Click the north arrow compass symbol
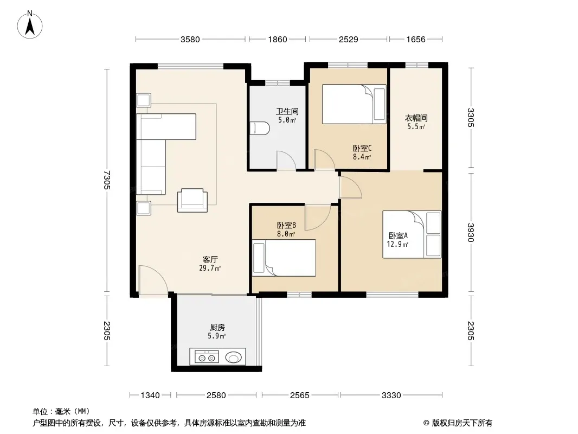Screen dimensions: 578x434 30,25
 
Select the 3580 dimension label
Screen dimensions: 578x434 190,39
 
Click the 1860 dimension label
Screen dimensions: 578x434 277,39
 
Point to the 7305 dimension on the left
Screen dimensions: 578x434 107,180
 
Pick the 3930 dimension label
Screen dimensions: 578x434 470,232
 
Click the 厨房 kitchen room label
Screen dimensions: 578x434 217,327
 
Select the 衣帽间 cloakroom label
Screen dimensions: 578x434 416,118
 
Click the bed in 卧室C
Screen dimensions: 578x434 354,104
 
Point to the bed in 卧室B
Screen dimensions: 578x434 284,258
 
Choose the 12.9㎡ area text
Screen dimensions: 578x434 397,244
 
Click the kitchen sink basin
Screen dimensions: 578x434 234,358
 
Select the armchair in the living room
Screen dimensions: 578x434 192,200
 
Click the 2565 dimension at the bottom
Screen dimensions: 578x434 300,395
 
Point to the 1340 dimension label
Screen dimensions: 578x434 150,395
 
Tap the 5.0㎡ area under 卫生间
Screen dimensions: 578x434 287,120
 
